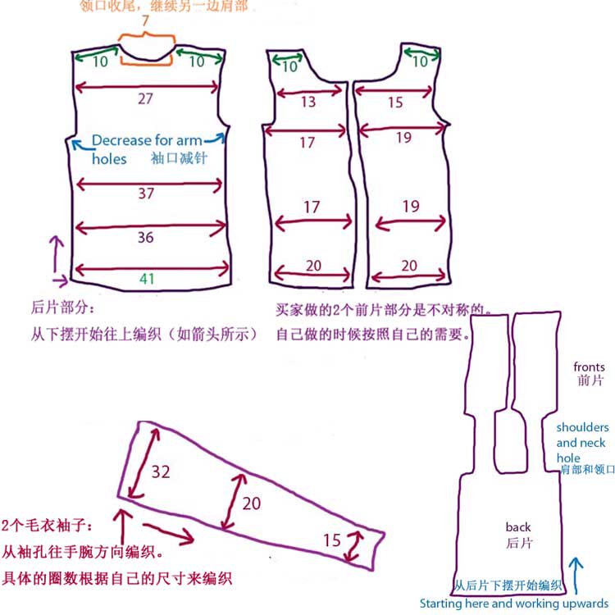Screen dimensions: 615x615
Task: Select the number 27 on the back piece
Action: [x=145, y=98]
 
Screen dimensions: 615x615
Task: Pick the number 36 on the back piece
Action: [x=145, y=237]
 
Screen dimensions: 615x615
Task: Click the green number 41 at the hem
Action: [x=147, y=279]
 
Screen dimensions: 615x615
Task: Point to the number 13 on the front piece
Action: [x=307, y=102]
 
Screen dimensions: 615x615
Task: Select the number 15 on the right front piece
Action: [x=395, y=102]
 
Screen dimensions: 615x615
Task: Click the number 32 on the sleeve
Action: [x=160, y=471]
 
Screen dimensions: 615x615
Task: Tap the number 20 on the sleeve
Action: [x=251, y=503]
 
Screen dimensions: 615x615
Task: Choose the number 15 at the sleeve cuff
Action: [x=331, y=540]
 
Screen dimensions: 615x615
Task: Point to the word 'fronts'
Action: [x=589, y=367]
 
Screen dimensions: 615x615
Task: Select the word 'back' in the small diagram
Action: [x=518, y=527]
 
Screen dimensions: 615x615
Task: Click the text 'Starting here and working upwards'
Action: [x=514, y=603]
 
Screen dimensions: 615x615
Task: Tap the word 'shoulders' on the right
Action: [x=582, y=427]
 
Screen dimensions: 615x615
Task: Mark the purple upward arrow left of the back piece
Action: [x=56, y=254]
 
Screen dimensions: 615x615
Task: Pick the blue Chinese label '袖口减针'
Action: [x=178, y=157]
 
